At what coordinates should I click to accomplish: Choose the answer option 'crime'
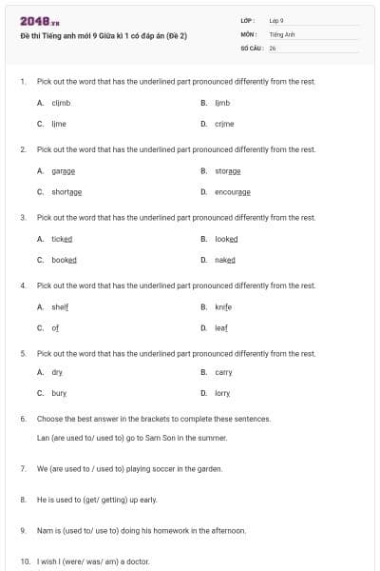coord(224,124)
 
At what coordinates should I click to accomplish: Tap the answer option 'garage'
coord(63,171)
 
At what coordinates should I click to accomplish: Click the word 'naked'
coord(224,260)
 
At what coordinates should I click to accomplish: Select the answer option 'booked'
coord(64,260)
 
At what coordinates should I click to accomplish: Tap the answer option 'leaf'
coord(221,327)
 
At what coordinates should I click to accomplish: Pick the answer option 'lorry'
coord(222,393)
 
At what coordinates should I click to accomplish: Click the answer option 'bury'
coord(59,393)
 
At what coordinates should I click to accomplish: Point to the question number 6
coord(23,419)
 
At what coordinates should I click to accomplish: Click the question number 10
coord(24,561)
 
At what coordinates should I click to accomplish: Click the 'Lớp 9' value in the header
coord(276,20)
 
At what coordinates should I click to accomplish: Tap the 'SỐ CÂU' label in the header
coord(251,47)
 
